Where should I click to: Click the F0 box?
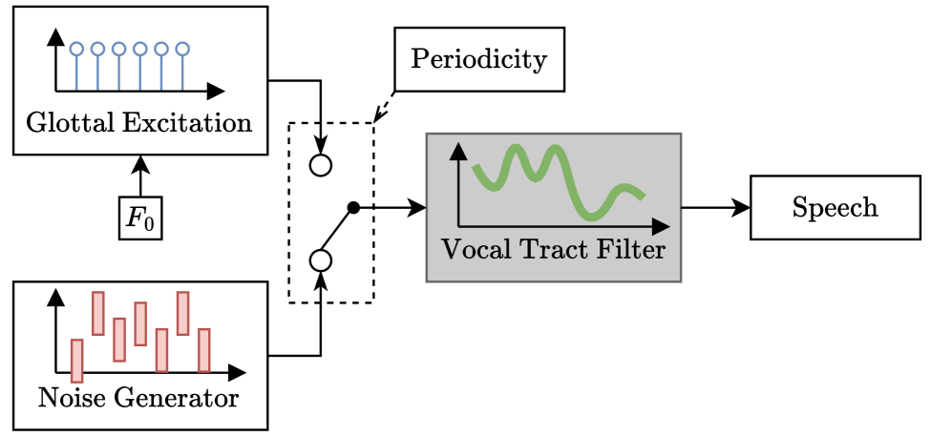140,218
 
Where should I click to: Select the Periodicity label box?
478,59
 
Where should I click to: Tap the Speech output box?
835,207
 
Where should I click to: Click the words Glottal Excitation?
139,123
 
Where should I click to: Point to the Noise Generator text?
138,396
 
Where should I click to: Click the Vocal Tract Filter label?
553,251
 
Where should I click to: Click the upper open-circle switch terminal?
321,165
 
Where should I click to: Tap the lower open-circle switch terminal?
321,260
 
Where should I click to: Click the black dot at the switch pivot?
352,207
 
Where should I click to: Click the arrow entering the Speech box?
716,207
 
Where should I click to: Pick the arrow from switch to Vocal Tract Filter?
391,207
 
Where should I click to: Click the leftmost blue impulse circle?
76,48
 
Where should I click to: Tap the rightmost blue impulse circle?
183,48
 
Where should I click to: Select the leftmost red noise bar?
76,360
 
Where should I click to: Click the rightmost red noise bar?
203,349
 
